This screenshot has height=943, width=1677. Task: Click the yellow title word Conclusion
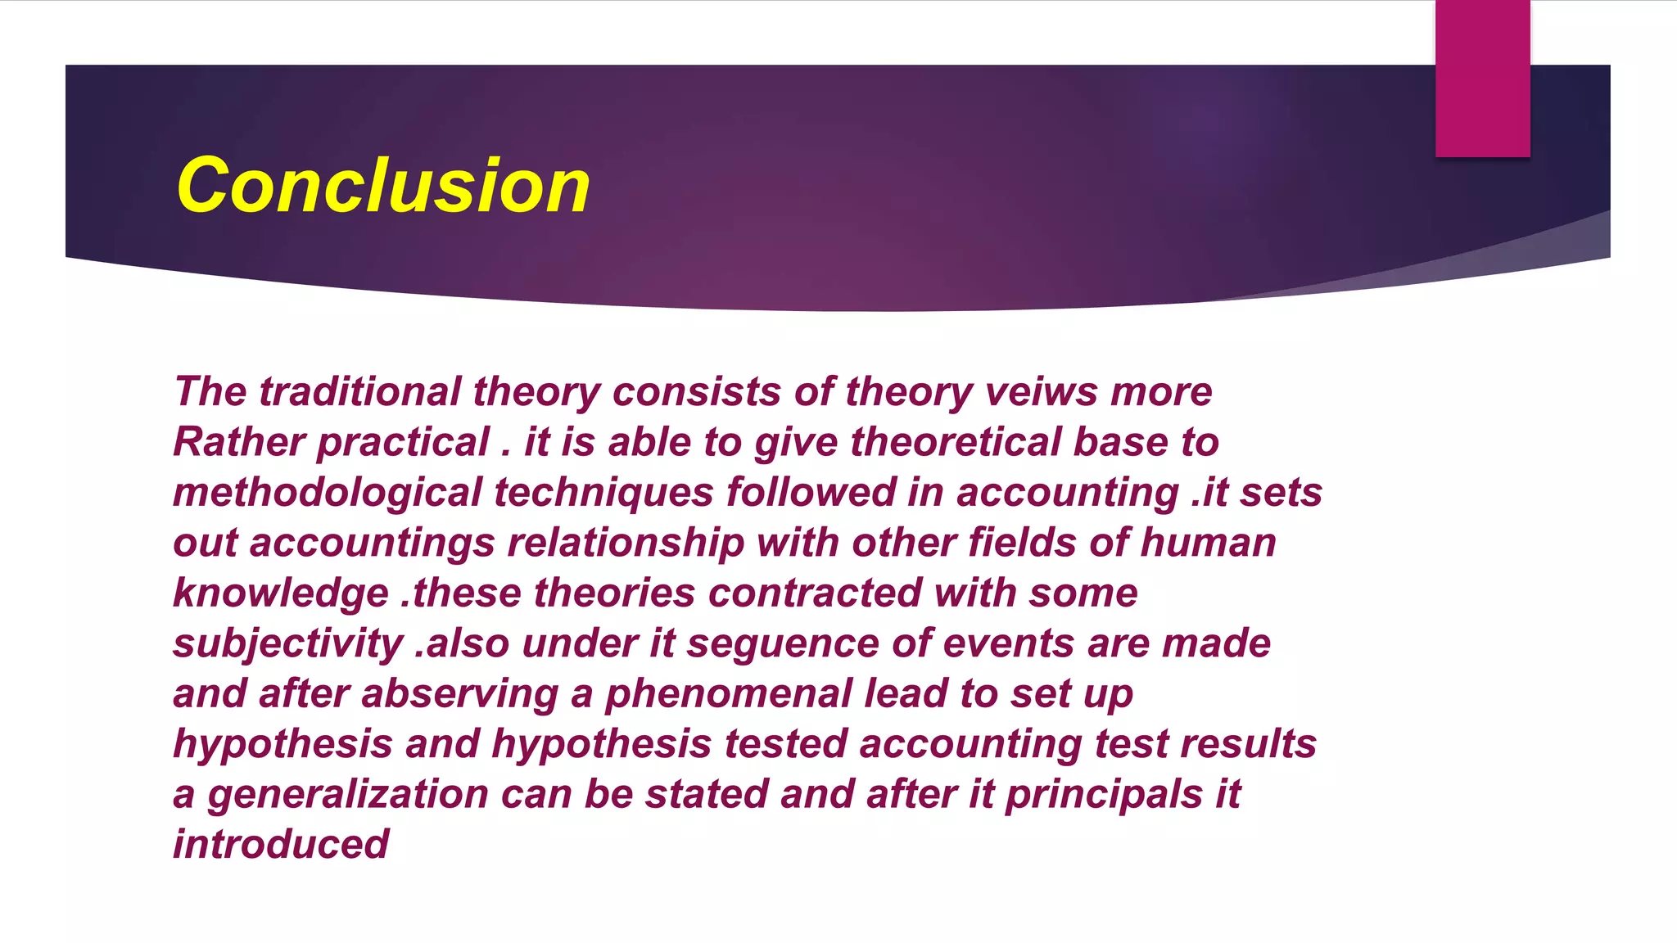coord(383,186)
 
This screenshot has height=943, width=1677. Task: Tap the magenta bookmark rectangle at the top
coord(1482,78)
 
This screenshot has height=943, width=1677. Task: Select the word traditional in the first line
coord(360,391)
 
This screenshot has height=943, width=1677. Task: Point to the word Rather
coord(239,442)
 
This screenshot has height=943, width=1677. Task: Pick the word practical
coord(403,442)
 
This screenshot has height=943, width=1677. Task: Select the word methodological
coord(328,493)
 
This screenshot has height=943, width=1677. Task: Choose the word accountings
coord(373,543)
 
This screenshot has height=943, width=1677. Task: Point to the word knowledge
coord(281,593)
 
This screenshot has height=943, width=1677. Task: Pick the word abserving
coord(459,694)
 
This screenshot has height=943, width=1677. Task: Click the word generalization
coord(348,794)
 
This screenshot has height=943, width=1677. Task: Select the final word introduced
coord(281,844)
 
